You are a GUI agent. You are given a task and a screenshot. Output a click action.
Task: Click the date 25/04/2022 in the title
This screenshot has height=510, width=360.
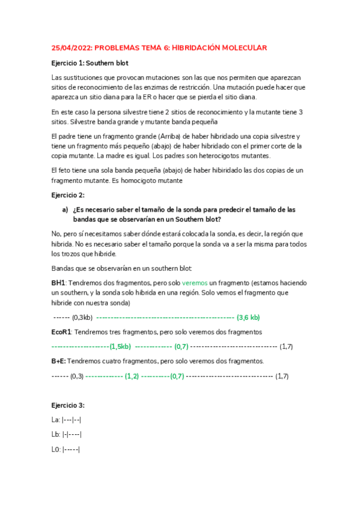coord(71,48)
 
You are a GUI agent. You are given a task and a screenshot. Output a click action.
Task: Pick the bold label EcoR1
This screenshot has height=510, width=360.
coord(61,332)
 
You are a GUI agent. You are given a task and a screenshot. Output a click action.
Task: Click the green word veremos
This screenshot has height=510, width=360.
coord(194,282)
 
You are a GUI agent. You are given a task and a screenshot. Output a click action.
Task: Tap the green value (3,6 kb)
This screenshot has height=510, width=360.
coord(248,317)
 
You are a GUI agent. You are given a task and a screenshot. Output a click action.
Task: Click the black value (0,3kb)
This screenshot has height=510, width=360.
coord(82,317)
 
